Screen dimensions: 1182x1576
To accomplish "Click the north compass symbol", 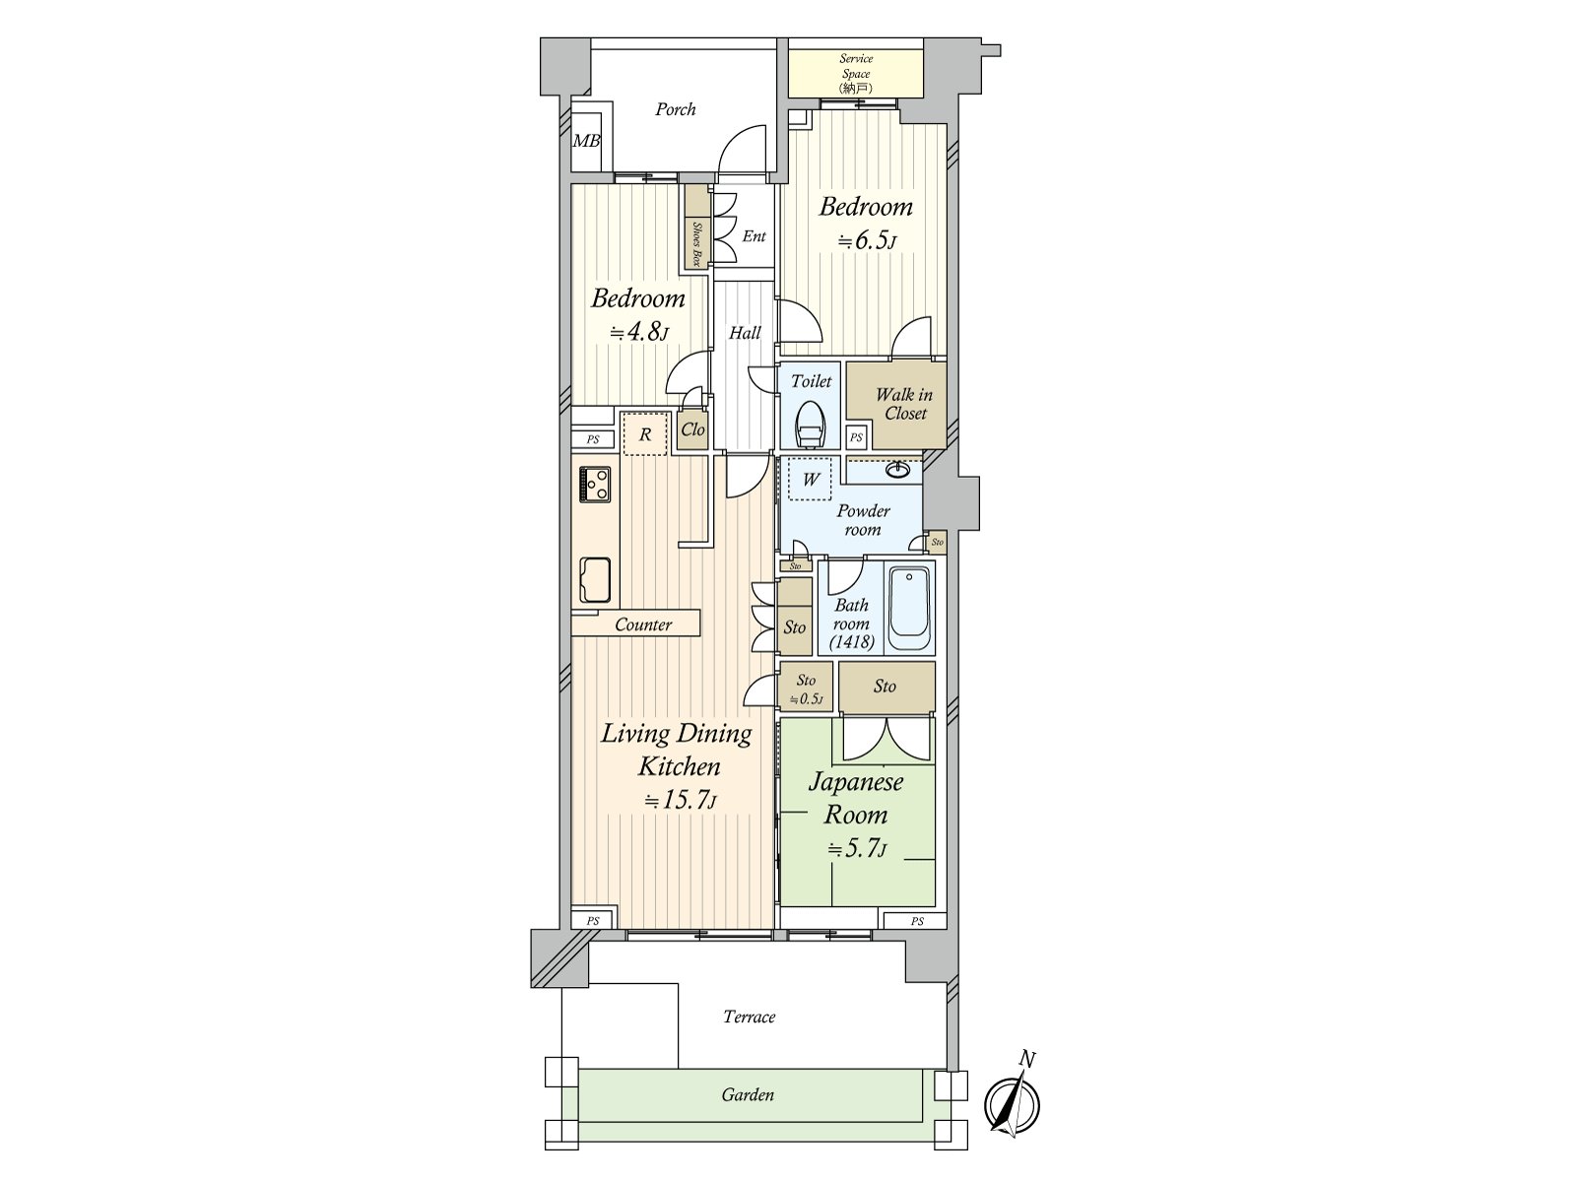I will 1013,1103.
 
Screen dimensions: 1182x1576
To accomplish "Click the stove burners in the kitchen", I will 595,484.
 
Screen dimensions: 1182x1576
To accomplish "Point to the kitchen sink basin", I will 595,579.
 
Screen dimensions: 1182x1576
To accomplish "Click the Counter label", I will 642,624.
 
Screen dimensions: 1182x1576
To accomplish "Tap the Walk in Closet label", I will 903,404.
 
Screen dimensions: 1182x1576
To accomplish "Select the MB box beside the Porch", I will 587,141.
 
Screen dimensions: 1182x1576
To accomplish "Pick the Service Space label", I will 855,73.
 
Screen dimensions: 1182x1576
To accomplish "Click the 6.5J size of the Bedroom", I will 867,240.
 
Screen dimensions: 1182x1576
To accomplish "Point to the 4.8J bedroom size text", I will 638,332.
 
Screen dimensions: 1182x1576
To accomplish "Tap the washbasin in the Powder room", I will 896,471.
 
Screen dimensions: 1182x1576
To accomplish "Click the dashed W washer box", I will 810,480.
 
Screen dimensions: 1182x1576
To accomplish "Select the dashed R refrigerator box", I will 645,434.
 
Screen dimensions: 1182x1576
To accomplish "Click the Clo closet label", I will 692,429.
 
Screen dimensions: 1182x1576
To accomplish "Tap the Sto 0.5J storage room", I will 806,689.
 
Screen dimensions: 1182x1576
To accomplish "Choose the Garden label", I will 748,1094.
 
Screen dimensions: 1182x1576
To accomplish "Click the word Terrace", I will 749,1017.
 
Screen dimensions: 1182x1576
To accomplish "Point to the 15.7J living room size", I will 680,800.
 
